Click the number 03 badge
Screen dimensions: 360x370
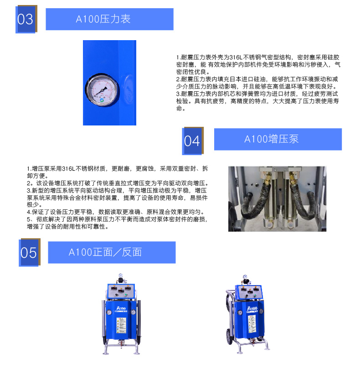click(x=26, y=19)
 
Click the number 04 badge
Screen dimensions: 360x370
click(x=193, y=141)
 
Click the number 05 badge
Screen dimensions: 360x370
click(x=30, y=252)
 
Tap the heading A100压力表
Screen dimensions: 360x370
click(x=103, y=19)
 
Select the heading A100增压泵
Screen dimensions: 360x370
click(x=271, y=139)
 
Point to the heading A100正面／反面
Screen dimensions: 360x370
click(x=105, y=252)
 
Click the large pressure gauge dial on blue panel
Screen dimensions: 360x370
click(x=102, y=90)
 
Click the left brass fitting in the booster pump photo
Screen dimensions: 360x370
click(x=267, y=177)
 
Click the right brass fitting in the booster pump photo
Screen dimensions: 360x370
click(x=293, y=177)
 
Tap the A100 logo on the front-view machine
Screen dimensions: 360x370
click(x=121, y=308)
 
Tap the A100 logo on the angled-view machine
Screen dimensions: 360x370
click(x=252, y=308)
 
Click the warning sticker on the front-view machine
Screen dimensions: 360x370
click(x=121, y=325)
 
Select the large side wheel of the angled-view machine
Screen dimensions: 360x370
click(x=229, y=337)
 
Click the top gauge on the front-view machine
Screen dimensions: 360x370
click(x=121, y=276)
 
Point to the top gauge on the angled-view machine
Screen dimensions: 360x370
click(x=245, y=277)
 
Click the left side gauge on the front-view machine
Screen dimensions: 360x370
click(x=109, y=313)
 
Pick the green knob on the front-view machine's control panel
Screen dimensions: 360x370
click(x=126, y=295)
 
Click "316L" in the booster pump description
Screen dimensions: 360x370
click(x=68, y=169)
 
